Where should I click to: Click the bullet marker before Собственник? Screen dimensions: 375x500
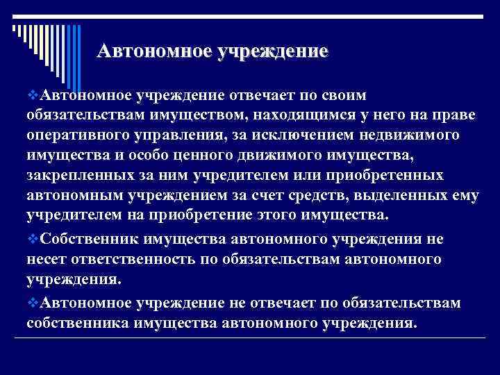pos(33,238)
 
